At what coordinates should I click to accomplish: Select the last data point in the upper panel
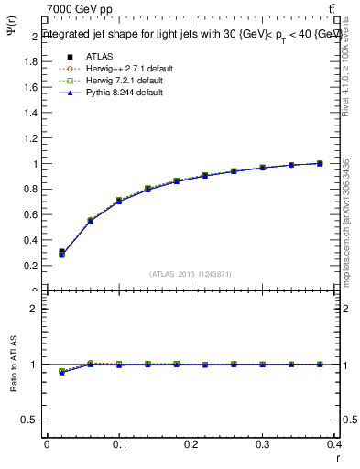(x=320, y=163)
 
